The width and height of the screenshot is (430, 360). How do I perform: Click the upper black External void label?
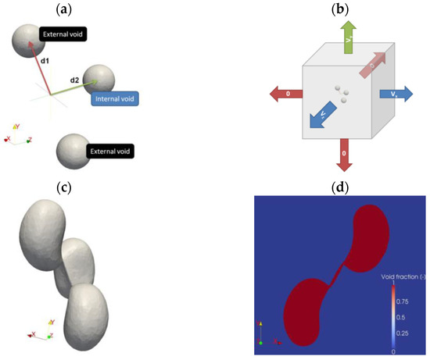(x=63, y=34)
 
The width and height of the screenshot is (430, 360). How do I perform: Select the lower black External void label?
(x=109, y=151)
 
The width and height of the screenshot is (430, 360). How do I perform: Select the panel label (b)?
(x=339, y=11)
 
